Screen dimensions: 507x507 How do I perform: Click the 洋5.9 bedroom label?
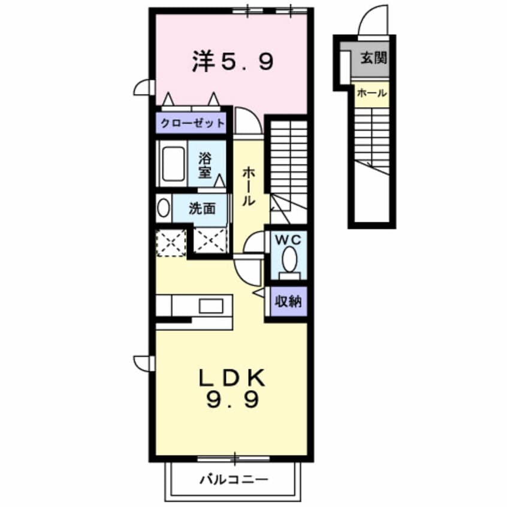233,62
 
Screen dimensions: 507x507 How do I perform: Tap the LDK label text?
232,379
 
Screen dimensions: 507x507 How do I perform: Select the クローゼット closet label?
192,123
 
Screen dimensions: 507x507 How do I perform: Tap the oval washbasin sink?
163,209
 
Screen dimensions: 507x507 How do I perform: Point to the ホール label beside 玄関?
372,93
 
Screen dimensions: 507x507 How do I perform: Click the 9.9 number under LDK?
234,400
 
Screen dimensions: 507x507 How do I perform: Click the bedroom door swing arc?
246,122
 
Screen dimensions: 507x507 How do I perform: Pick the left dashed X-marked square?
171,243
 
